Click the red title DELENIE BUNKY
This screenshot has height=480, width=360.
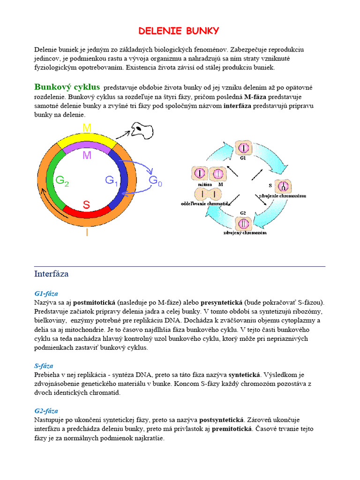(179, 31)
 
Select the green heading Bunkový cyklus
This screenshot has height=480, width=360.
(67, 87)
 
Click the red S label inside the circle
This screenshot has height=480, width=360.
(87, 204)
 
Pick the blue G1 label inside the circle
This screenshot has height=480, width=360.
(112, 180)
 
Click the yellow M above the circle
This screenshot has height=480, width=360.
(87, 128)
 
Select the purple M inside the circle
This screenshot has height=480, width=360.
(87, 155)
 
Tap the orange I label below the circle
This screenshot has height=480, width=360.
(87, 232)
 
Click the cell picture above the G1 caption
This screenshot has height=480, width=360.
(243, 149)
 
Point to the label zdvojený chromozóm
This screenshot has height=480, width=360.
(245, 232)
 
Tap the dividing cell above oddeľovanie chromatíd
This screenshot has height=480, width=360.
(209, 194)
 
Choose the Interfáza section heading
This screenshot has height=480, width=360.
(52, 273)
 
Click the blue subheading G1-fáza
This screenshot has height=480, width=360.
(46, 294)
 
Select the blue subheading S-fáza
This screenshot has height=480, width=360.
(44, 366)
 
